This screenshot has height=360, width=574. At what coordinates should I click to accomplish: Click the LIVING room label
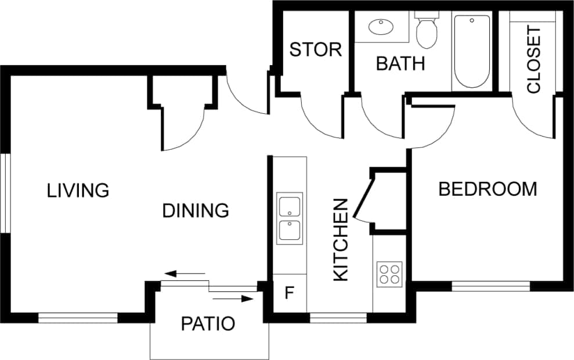(x=78, y=190)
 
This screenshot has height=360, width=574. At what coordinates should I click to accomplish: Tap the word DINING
(x=195, y=210)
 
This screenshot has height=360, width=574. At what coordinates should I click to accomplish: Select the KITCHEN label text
(x=341, y=240)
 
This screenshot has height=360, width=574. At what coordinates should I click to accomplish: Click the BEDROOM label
(x=488, y=189)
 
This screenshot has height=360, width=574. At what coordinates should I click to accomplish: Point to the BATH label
(x=400, y=63)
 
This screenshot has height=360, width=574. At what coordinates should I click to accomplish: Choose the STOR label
(x=316, y=50)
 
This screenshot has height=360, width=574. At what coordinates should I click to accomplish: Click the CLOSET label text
(x=533, y=59)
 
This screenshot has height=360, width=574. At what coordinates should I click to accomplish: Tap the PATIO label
(x=208, y=323)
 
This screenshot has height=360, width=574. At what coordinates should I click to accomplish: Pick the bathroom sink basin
(x=381, y=26)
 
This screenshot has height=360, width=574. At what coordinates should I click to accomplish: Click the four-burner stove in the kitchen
(x=389, y=273)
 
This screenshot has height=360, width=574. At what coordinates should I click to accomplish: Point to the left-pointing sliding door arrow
(x=185, y=273)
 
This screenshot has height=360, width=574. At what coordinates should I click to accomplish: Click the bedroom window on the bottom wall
(x=490, y=286)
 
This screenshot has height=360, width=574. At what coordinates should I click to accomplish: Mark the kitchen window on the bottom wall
(x=338, y=318)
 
